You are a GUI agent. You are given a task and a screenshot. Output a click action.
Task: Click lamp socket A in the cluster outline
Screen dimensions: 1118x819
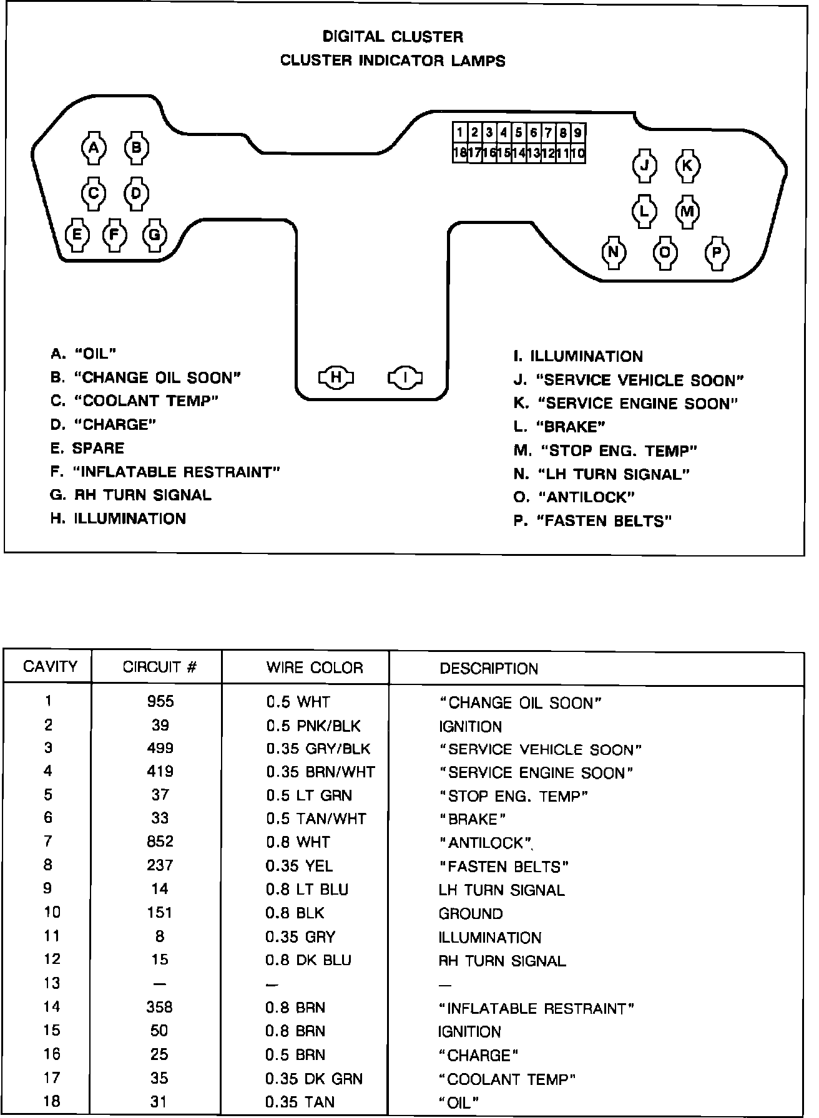94,148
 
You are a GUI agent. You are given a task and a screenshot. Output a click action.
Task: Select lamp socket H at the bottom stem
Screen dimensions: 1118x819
336,377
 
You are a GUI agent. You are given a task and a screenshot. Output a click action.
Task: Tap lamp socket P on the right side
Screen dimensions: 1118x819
717,253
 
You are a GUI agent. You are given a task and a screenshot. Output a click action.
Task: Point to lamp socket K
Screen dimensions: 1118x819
687,166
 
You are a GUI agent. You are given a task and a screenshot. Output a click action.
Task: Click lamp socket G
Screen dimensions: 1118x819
154,235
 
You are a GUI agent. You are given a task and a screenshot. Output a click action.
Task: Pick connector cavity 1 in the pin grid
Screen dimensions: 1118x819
460,132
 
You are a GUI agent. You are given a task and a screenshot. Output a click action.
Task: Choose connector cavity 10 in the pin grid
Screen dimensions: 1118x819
578,153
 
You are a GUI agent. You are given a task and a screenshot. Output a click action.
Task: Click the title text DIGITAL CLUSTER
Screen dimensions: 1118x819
393,37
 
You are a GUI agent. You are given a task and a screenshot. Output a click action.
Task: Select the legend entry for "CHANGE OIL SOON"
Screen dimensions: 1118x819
145,377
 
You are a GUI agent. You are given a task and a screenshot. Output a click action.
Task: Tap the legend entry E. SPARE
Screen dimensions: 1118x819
87,449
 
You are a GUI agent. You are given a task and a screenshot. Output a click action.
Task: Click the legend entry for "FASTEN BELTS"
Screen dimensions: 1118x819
592,521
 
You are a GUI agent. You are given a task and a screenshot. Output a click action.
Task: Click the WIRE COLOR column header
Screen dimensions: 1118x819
314,668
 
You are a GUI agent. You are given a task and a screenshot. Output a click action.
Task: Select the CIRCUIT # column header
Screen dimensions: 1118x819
160,668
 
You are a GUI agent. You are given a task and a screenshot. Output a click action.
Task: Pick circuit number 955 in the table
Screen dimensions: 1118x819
160,701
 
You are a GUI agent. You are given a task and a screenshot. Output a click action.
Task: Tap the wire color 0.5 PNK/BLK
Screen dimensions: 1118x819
313,726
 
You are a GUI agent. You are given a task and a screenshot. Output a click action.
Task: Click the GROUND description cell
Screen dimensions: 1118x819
471,914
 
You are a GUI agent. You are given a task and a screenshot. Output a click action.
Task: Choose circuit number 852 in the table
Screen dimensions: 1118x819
160,842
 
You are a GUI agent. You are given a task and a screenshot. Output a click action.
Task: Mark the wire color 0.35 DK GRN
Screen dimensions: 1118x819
314,1079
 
